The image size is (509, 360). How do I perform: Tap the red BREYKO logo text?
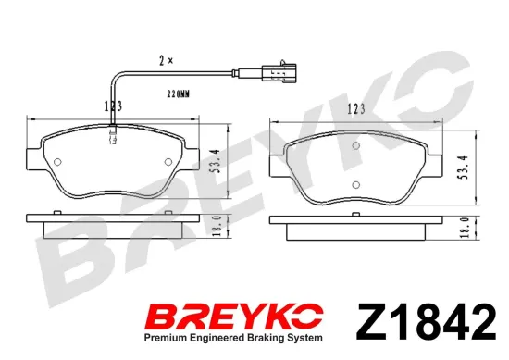pos(235,316)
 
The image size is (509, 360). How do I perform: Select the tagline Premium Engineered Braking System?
pos(233,338)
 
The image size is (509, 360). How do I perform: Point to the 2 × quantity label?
pos(166,60)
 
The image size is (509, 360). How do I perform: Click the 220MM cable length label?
pos(179,94)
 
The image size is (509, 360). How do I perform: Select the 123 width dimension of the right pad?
pos(356,109)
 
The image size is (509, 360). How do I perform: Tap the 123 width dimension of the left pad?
pos(113,106)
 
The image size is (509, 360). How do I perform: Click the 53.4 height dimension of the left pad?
pos(216,161)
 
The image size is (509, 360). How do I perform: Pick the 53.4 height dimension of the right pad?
pos(464,168)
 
